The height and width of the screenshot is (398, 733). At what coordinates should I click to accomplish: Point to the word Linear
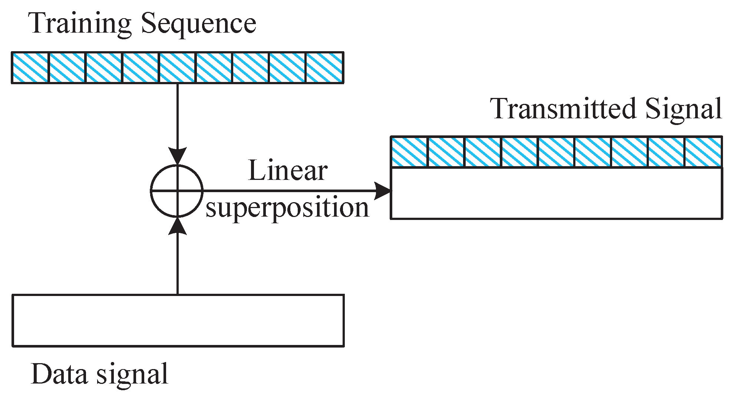(287, 171)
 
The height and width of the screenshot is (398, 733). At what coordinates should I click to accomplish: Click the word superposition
(287, 208)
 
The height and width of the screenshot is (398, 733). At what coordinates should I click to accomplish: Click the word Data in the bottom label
(59, 374)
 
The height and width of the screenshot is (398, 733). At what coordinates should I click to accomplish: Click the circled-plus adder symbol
(177, 191)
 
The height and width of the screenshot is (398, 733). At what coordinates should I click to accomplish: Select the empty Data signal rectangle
(178, 320)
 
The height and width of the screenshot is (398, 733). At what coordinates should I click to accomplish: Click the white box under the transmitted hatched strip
(556, 193)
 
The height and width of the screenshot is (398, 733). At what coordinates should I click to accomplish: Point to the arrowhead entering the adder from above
(177, 155)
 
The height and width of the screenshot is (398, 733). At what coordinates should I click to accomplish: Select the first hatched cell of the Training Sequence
(30, 68)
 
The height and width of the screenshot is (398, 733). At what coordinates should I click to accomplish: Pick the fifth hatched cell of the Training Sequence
(177, 68)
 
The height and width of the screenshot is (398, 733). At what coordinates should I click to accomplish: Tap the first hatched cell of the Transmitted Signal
(409, 152)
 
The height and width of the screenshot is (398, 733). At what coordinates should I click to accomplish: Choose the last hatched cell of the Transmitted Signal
(703, 152)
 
